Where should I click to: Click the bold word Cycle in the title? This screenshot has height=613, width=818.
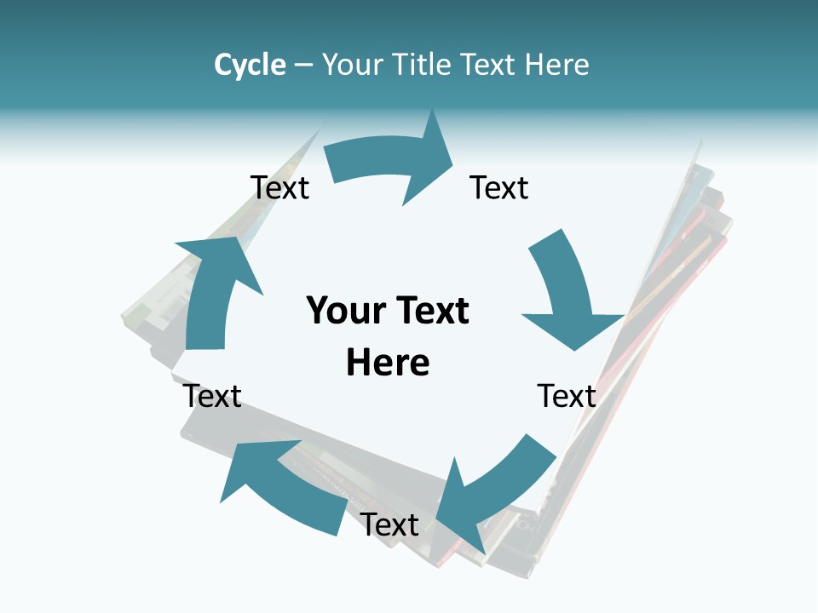[x=250, y=65]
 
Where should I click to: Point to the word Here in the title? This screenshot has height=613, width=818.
[x=556, y=65]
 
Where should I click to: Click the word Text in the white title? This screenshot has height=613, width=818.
[x=491, y=65]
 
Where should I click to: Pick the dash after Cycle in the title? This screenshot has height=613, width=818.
[x=303, y=66]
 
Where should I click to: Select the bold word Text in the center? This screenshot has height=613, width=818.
[x=430, y=312]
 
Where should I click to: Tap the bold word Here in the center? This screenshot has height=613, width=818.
[x=388, y=363]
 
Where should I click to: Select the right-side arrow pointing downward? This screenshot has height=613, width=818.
[x=567, y=294]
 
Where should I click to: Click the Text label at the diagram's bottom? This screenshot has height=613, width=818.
[x=389, y=524]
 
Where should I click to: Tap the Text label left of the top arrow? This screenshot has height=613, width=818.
[x=280, y=187]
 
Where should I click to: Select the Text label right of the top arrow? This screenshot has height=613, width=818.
[x=499, y=187]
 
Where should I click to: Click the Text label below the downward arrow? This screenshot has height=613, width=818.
[x=567, y=396]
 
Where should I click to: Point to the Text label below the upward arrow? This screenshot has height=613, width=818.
[x=213, y=396]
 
